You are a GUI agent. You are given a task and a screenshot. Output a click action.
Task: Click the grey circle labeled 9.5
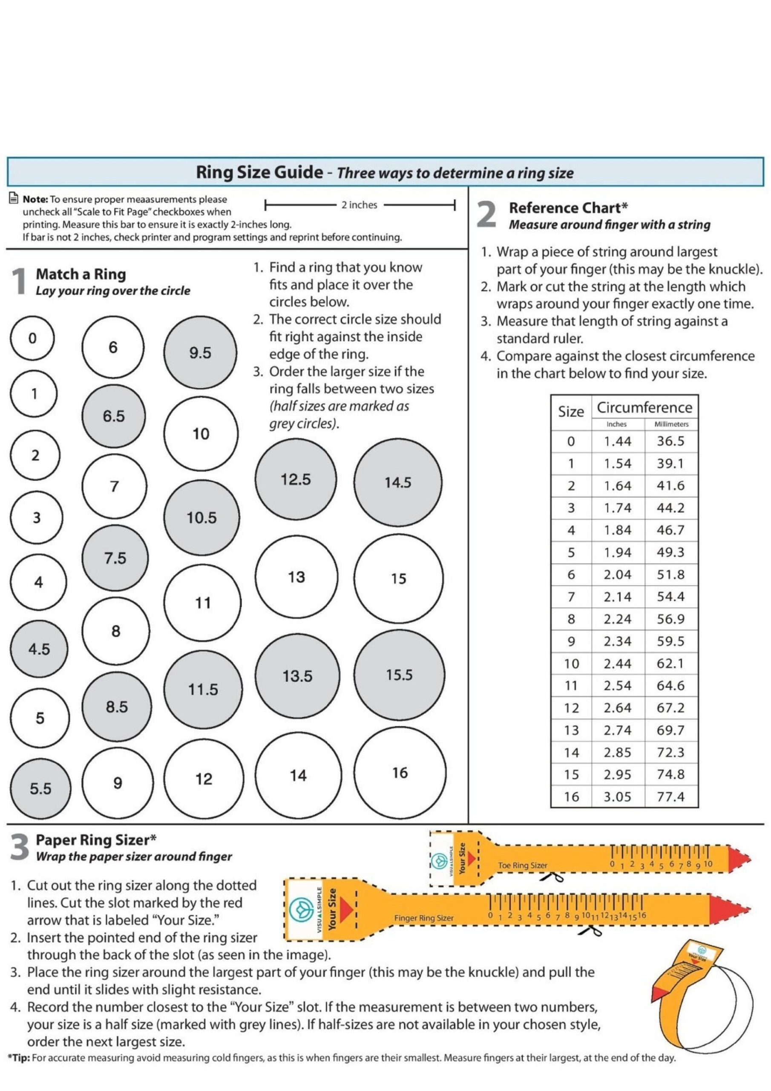[x=200, y=352]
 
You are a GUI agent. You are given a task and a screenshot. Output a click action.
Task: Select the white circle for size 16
[x=400, y=772]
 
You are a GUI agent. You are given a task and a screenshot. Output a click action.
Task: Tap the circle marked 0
[x=32, y=338]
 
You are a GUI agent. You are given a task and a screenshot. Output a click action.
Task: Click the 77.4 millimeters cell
[x=670, y=797]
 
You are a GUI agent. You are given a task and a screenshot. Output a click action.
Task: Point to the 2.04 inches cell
[x=617, y=574]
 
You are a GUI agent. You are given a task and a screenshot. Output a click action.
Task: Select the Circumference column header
[x=644, y=407]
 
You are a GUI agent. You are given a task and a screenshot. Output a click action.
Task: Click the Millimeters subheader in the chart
[x=671, y=424]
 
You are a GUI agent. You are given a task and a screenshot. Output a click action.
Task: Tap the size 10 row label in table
[x=571, y=664]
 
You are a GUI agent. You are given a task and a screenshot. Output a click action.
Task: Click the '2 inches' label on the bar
[x=359, y=205]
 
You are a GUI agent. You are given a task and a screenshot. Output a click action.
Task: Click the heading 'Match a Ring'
[x=81, y=274]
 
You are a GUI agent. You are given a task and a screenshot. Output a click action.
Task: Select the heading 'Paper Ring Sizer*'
[x=96, y=840]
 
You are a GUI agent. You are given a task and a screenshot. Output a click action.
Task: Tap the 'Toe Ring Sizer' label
[x=522, y=865]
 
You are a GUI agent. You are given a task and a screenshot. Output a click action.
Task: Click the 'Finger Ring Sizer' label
[x=423, y=918]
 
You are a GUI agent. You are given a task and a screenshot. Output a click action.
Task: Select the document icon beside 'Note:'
[x=14, y=199]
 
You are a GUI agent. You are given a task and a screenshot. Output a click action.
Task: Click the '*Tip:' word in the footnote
[x=18, y=1058]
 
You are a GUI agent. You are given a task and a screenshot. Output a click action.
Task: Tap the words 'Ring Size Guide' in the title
[x=259, y=172]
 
